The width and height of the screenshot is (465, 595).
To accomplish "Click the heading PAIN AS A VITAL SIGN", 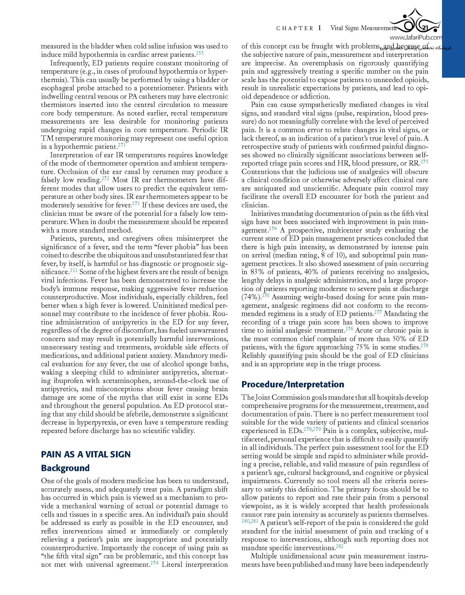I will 86,454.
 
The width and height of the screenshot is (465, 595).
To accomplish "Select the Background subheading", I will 65,468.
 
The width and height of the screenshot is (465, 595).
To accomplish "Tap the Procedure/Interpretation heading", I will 293,384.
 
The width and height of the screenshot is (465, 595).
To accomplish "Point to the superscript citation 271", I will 121,145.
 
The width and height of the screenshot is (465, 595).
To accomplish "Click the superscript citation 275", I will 424,162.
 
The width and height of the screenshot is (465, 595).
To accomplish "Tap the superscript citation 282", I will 339,547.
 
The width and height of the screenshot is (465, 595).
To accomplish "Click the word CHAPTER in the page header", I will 295,28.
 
